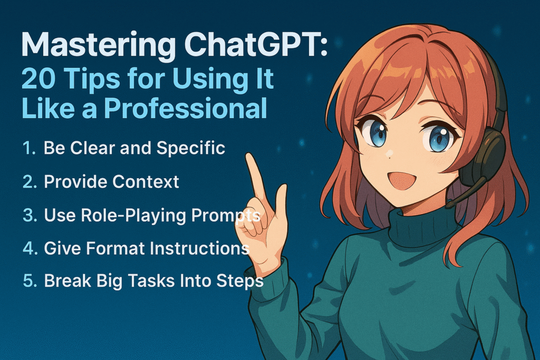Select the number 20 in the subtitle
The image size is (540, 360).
pyautogui.click(x=38, y=79)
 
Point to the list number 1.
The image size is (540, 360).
pyautogui.click(x=28, y=148)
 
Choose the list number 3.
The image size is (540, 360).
pyautogui.click(x=30, y=215)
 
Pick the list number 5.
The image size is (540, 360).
pyautogui.click(x=30, y=281)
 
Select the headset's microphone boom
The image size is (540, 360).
pyautogui.click(x=466, y=192)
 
